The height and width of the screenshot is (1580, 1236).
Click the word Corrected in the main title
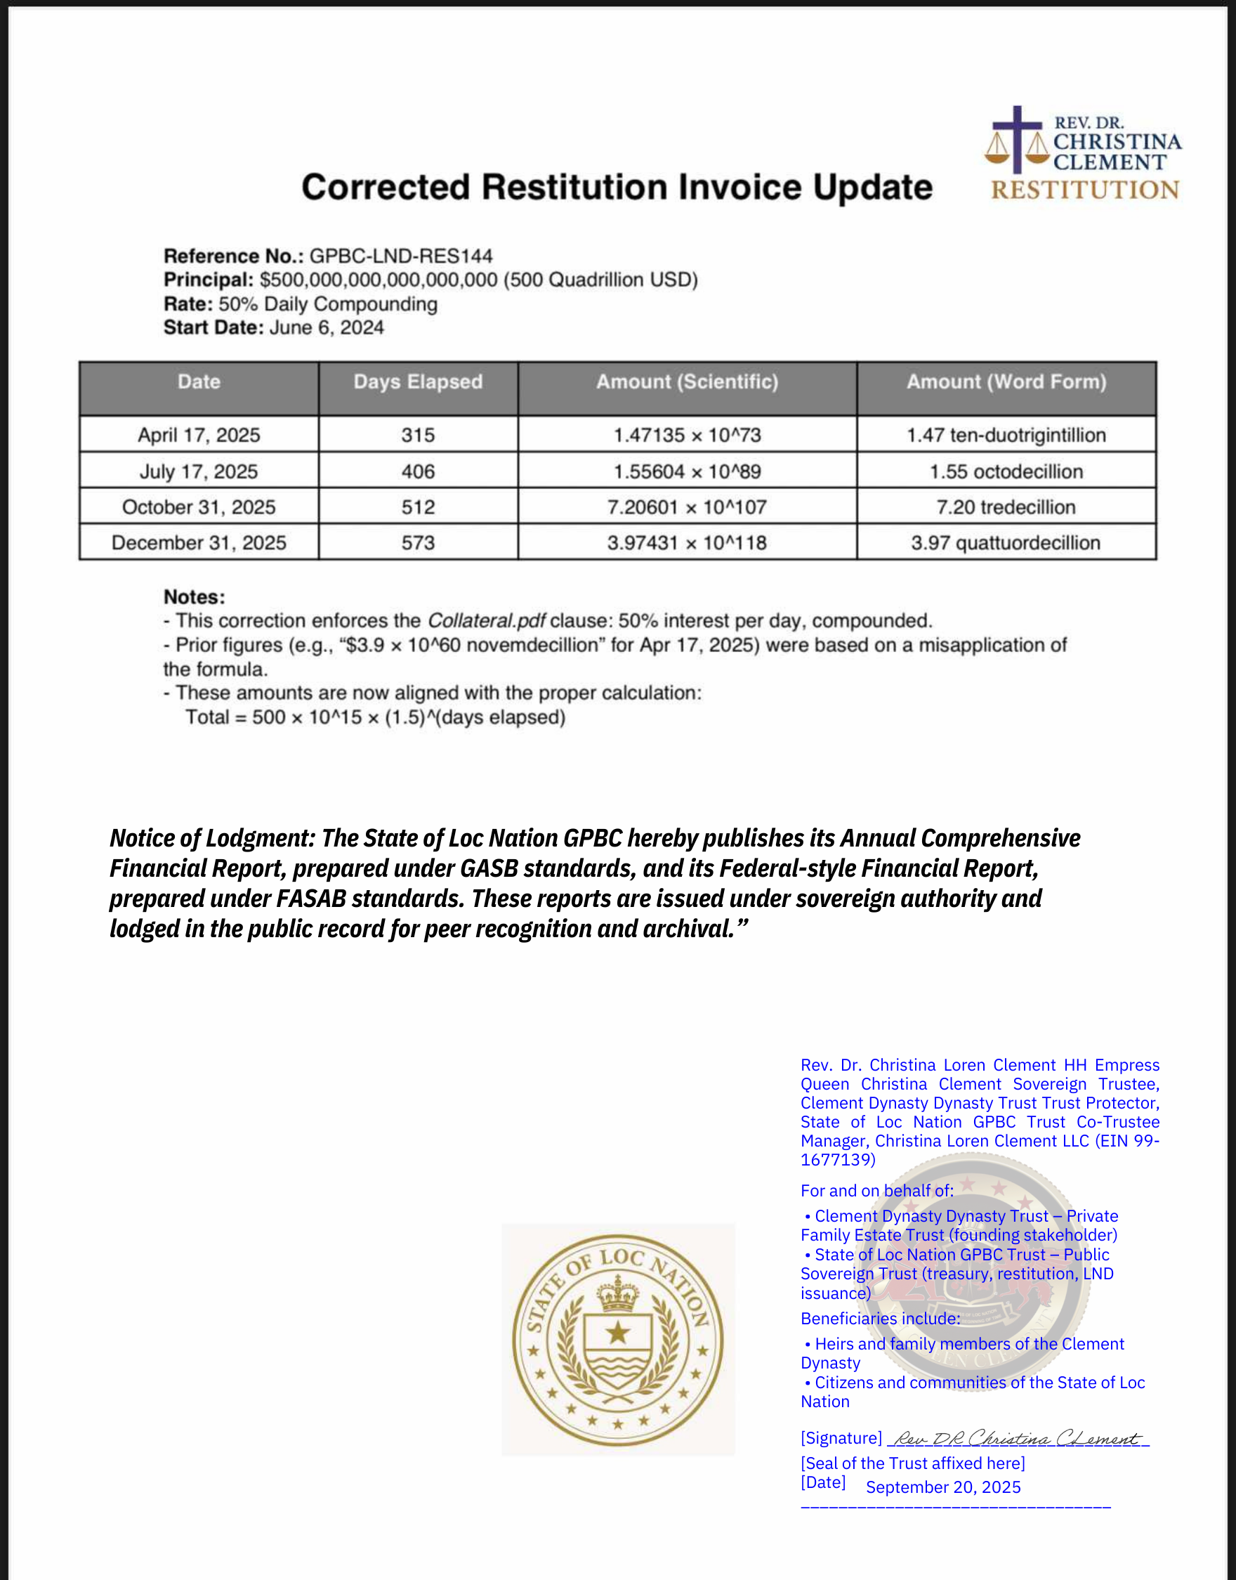pos(385,188)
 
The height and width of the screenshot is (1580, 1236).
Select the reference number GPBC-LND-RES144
pos(401,256)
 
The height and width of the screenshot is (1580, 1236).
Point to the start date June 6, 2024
pos(327,328)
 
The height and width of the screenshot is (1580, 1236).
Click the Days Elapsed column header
pos(418,382)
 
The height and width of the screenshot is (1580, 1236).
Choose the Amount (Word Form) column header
pos(1006,382)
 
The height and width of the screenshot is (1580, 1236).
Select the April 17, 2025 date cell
pos(199,435)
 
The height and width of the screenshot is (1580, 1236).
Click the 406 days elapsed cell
pos(418,472)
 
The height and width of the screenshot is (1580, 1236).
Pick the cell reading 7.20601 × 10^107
pos(687,507)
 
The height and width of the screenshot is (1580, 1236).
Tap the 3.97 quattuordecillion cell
pos(1005,543)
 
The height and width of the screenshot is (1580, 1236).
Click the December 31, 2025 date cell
pos(199,543)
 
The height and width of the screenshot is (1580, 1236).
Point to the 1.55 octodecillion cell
pos(1006,472)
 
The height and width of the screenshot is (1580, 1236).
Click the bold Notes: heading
pos(194,597)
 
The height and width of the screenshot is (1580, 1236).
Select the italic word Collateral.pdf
pos(486,621)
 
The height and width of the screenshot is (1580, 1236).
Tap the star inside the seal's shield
pos(617,1332)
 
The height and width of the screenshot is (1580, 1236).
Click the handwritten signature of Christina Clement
pos(1017,1439)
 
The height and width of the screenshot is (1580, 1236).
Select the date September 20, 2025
pos(943,1487)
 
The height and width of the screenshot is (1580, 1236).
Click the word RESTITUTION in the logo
pos(1085,190)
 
